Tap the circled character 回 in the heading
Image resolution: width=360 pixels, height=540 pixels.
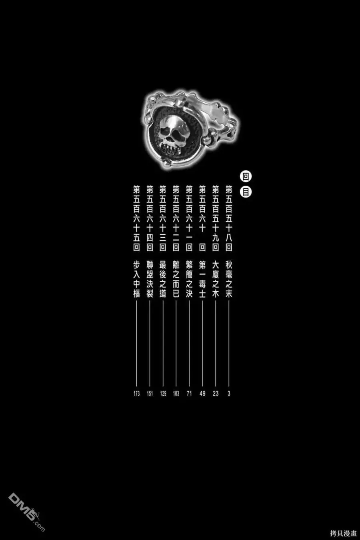[x=246, y=177]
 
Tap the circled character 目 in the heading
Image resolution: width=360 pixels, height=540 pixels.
[x=246, y=192]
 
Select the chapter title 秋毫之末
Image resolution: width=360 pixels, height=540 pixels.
[x=228, y=280]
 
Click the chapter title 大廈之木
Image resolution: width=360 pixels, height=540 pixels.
[x=215, y=280]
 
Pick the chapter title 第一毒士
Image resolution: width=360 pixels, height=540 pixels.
[x=202, y=280]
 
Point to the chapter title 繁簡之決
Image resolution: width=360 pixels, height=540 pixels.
[x=189, y=280]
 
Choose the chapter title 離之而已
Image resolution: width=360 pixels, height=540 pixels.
[x=176, y=280]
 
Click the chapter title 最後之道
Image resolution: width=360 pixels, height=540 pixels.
[x=163, y=280]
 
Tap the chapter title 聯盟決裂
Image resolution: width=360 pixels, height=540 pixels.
[x=150, y=280]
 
